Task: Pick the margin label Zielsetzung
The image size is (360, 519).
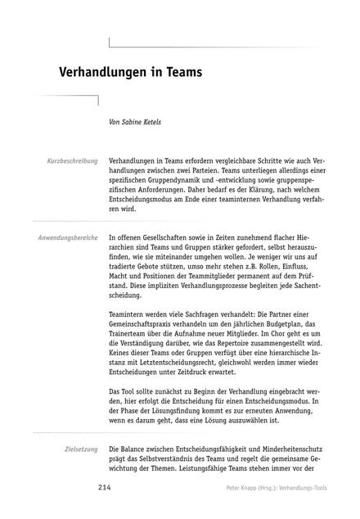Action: (x=81, y=449)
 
